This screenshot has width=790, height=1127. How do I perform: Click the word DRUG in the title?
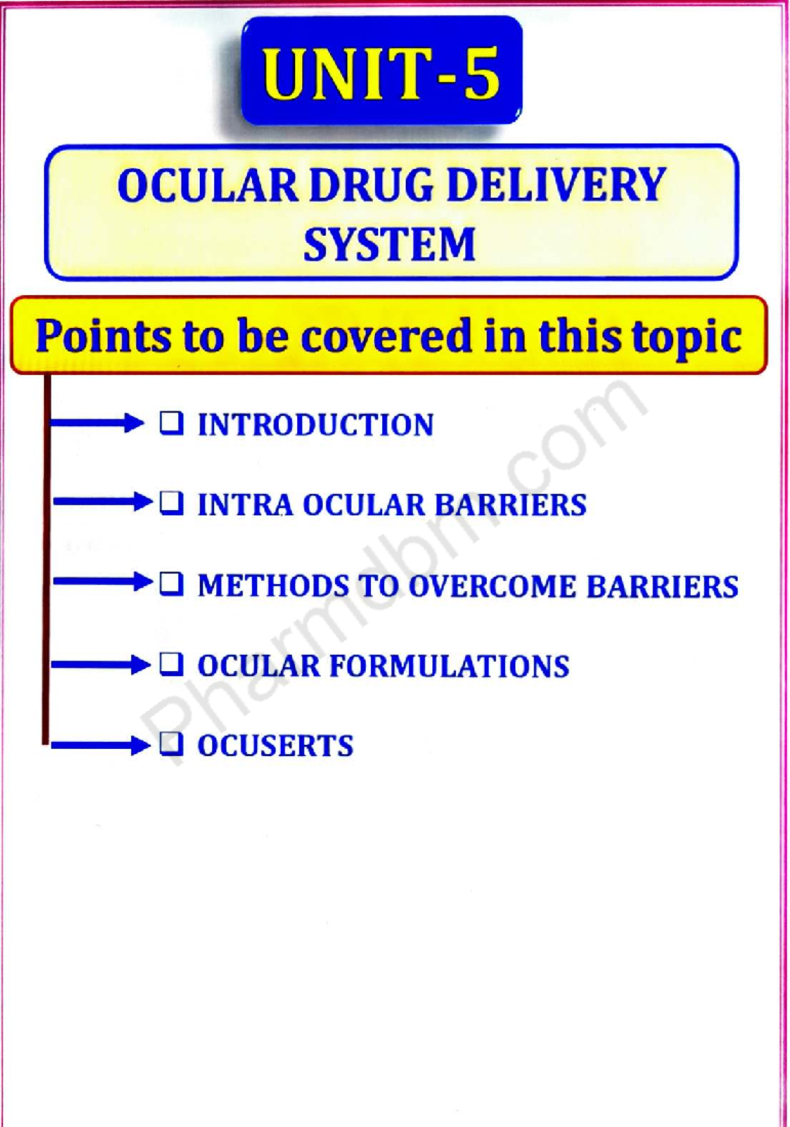pos(372,186)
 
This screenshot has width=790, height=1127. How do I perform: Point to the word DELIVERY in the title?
pos(556,186)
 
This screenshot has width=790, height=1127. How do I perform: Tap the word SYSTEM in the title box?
pos(389,244)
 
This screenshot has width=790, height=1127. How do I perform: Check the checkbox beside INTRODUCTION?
pos(172,423)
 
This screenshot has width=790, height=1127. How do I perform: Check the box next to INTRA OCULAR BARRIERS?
pos(172,504)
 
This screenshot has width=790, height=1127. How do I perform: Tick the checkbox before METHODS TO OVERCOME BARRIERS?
pos(172,584)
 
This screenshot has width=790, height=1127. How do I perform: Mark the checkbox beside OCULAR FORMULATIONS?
pos(172,664)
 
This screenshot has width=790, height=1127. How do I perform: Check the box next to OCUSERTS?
pos(172,744)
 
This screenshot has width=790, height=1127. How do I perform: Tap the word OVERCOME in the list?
pos(492,587)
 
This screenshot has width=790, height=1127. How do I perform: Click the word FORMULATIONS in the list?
pos(450,666)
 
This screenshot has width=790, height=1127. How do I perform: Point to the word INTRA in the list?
pos(245,506)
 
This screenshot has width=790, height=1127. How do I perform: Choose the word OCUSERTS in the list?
pos(276,747)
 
